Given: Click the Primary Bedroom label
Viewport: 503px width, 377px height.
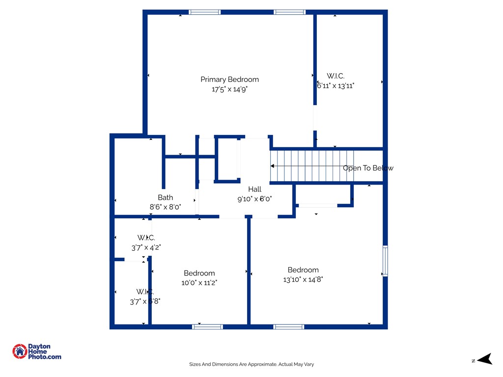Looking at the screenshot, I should click(229, 80).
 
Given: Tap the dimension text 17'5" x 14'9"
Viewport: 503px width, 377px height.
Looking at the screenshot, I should click(229, 90).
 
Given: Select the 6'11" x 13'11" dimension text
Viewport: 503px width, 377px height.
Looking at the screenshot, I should click(336, 85).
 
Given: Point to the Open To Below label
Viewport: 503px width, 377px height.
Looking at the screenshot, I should click(368, 168).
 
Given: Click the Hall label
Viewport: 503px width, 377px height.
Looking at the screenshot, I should click(254, 189).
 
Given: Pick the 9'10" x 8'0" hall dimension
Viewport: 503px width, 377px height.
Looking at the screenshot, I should click(254, 199).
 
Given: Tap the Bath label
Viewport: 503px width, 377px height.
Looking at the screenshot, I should click(165, 197).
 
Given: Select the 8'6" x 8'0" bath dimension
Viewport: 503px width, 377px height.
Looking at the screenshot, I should click(165, 207).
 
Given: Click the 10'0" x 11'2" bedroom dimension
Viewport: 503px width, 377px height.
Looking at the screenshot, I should click(199, 283).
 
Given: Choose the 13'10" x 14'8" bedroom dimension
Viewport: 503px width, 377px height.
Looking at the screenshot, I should click(303, 280).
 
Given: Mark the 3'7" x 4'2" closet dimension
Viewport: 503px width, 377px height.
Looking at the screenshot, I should click(146, 248).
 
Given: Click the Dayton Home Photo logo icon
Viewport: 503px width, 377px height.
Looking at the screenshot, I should click(20, 351).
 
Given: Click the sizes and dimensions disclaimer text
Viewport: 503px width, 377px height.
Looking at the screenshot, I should click(251, 364).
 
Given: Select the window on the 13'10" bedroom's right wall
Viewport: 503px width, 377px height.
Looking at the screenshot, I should click(385, 261).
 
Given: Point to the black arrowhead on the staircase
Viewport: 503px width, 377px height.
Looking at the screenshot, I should click(273, 166).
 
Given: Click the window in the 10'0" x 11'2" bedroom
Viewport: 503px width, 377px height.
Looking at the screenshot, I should click(207, 326).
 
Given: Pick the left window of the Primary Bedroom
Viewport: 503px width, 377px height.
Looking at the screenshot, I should click(205, 12).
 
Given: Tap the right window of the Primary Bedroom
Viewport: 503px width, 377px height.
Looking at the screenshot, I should click(290, 12).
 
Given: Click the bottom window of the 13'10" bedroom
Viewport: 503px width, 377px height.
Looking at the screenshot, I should click(289, 326).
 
